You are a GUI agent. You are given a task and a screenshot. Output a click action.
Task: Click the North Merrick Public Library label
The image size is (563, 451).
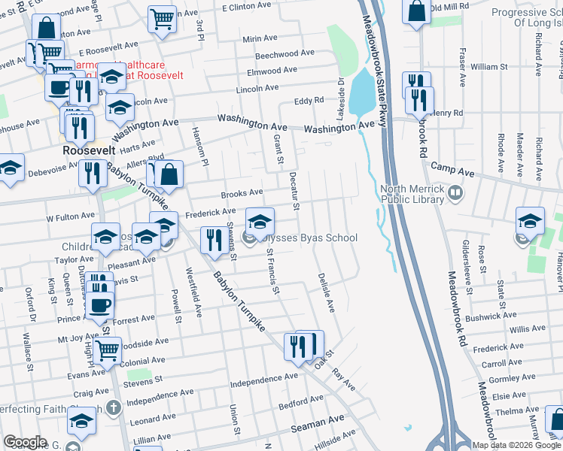pos(412,195)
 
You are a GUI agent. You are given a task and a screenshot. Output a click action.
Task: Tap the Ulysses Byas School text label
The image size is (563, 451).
pos(309,238)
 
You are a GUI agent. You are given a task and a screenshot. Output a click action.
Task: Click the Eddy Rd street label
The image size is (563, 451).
pos(309,101)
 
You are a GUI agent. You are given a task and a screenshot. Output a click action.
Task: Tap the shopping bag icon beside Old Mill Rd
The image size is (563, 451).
pos(416,11)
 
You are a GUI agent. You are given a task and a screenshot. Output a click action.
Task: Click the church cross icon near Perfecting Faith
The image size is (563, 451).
pos(113,409)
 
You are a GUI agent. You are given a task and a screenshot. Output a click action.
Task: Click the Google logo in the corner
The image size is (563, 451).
pos(25,442)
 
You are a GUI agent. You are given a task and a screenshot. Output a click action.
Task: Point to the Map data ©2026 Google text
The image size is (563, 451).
pos(517,445)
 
